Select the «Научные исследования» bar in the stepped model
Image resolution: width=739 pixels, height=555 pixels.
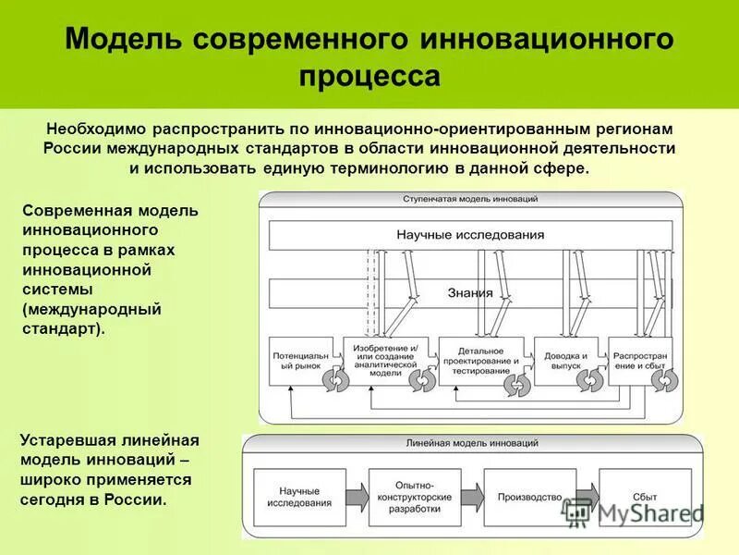[470, 235]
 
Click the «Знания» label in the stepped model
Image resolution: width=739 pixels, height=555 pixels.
[470, 293]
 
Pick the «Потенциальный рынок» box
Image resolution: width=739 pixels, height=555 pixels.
[298, 361]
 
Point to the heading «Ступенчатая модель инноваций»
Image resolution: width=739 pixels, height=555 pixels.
[470, 200]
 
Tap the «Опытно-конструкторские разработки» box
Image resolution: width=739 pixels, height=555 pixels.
[413, 497]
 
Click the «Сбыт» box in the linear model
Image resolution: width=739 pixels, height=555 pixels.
[636, 497]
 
